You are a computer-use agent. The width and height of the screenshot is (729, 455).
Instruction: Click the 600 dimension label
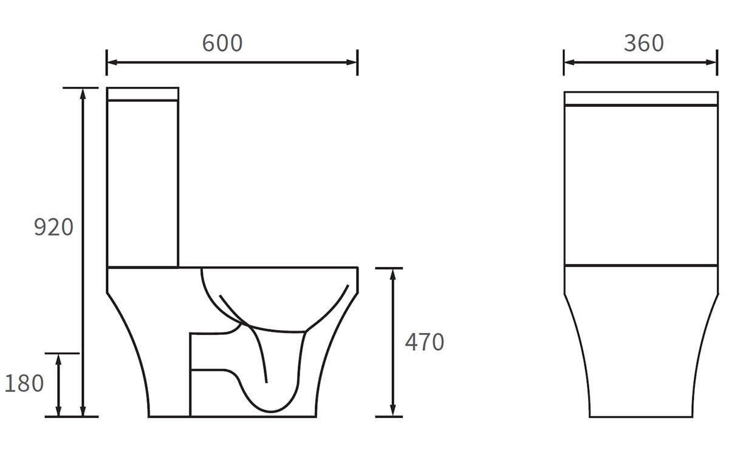[222, 43]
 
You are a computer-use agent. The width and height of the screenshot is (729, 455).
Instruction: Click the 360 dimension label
[644, 43]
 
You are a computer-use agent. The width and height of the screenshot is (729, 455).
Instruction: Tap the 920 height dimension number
[53, 227]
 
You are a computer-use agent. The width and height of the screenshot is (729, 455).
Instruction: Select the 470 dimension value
[425, 343]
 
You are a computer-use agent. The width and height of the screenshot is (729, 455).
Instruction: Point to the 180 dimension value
[24, 383]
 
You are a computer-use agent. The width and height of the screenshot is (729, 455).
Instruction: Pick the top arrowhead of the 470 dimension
[393, 274]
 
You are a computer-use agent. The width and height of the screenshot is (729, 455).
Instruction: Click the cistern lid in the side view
[143, 94]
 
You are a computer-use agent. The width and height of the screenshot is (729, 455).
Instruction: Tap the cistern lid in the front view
[641, 98]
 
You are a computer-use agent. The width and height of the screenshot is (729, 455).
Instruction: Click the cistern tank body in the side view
[143, 182]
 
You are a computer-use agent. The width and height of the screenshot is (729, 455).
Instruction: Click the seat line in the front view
[641, 265]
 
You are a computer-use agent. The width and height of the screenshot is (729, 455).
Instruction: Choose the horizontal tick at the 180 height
[63, 354]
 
